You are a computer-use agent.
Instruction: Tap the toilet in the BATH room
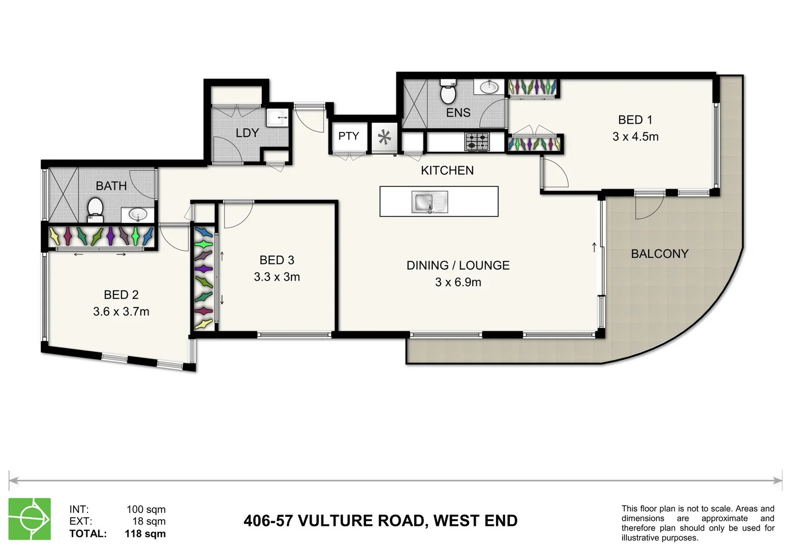click(x=95, y=208)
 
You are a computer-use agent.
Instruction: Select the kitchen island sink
click(x=430, y=202)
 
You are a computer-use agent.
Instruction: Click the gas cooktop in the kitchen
click(x=477, y=141)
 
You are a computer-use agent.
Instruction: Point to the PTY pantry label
click(x=348, y=136)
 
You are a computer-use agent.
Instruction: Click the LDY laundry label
click(x=247, y=133)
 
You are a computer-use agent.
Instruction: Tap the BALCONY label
click(x=660, y=254)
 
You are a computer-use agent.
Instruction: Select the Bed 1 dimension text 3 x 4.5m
click(x=635, y=137)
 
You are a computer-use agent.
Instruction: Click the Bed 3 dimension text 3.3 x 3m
click(x=277, y=277)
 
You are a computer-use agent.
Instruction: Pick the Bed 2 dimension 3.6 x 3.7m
click(x=121, y=312)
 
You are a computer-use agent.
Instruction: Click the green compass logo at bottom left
click(x=30, y=519)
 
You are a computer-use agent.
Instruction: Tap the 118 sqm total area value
click(x=145, y=534)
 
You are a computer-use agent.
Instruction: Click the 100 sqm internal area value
click(x=146, y=509)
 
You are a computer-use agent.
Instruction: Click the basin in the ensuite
click(x=489, y=87)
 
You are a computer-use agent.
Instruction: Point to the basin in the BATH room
click(x=138, y=214)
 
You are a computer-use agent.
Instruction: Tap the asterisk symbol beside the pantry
click(x=384, y=138)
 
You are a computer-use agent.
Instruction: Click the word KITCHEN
click(x=447, y=170)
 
